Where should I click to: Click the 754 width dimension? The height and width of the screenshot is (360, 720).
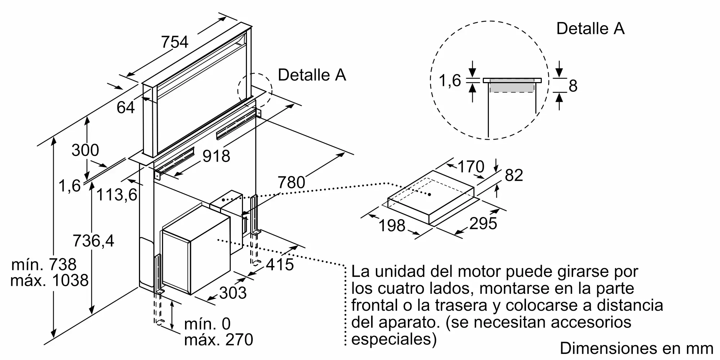point(175,42)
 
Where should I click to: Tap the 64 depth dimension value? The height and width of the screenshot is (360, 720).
point(126,107)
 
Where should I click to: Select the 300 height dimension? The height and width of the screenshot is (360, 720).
point(85,150)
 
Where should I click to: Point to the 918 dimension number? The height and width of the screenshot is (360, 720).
point(216,156)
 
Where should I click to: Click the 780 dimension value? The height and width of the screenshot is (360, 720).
point(292,183)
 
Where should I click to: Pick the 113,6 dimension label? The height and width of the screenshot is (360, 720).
point(117,195)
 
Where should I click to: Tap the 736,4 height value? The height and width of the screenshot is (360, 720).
point(94,240)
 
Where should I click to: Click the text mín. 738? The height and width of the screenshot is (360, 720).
point(44,265)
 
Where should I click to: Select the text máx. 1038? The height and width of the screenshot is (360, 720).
point(49,280)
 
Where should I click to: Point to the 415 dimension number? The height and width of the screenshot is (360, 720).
point(280,265)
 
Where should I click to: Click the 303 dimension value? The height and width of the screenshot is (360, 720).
point(233,293)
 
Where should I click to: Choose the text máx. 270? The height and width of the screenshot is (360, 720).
point(219,339)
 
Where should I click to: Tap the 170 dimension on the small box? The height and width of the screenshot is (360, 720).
point(471,167)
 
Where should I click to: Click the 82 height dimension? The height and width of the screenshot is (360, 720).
point(514,175)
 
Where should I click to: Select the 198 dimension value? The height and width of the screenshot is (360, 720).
point(392,226)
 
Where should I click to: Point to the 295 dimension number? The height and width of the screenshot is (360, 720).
point(483,224)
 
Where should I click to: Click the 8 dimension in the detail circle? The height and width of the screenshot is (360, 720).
point(573,86)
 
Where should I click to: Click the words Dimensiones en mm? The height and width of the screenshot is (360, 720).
point(636,348)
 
